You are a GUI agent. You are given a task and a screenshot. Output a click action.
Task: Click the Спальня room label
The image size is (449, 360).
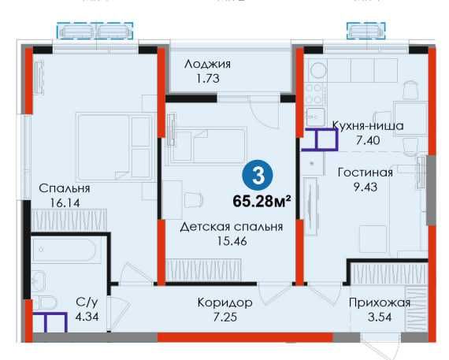pos(64,188)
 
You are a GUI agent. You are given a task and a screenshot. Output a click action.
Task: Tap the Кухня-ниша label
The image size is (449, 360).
pos(367,125)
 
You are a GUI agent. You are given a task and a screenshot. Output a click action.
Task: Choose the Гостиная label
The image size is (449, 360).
pos(364,173)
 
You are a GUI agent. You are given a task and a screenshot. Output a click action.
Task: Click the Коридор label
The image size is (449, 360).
pos(224,302)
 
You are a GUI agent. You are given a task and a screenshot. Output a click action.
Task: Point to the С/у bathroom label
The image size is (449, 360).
pos(86,302)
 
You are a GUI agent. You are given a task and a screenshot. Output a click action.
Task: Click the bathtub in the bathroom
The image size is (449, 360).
pos(66,251)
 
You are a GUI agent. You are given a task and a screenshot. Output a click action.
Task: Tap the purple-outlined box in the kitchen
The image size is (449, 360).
pos(320,139)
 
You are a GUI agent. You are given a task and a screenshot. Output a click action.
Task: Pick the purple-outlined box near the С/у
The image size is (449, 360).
pos(49,324)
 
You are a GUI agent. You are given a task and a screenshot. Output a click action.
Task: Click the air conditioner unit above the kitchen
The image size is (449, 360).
pos(366,31)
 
